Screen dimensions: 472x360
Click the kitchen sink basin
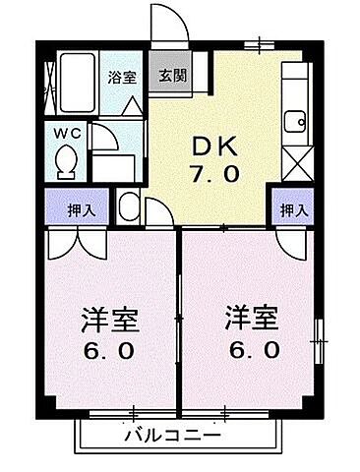(x=293, y=122)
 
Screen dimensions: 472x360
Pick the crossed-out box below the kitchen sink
(x=294, y=158)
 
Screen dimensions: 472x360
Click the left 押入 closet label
(x=61, y=209)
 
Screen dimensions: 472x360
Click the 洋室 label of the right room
(x=252, y=321)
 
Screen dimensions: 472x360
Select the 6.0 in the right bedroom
(x=252, y=350)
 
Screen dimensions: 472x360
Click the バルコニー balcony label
(x=171, y=434)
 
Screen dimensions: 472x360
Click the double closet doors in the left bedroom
(x=77, y=243)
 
